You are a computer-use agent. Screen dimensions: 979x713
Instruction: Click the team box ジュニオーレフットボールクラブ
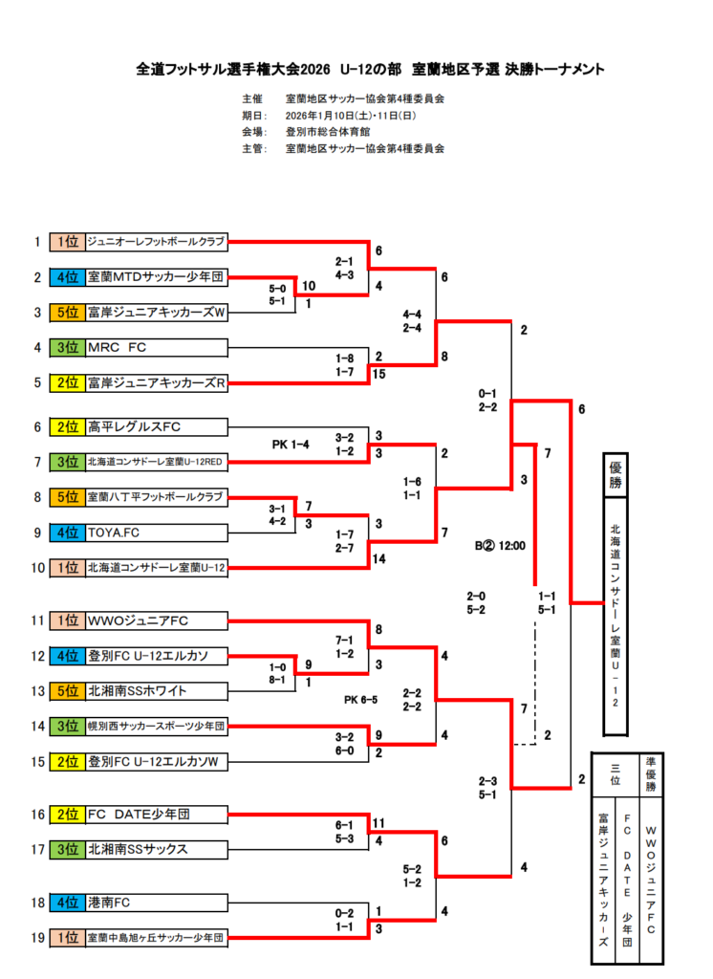(157, 242)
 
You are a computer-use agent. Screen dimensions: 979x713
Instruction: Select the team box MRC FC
(157, 348)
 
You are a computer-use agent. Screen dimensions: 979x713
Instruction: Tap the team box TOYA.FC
(157, 533)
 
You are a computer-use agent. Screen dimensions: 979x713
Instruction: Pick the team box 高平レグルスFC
(157, 426)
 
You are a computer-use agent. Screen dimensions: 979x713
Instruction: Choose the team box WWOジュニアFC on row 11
(157, 620)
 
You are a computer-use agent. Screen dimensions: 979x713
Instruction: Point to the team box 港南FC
(157, 903)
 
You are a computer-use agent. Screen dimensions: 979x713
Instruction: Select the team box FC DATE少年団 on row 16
(157, 815)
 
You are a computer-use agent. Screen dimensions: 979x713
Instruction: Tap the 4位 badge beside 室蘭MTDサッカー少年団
(67, 277)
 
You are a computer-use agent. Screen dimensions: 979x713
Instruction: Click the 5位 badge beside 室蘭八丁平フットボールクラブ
(67, 497)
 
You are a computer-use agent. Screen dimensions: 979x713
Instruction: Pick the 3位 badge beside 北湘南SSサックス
(67, 849)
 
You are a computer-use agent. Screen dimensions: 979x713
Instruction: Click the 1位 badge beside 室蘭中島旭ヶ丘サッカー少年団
(67, 938)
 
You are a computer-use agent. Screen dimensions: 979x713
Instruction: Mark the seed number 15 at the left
(38, 762)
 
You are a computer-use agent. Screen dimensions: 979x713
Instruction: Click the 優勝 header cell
(616, 475)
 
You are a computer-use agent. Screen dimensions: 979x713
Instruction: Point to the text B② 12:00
(501, 547)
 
